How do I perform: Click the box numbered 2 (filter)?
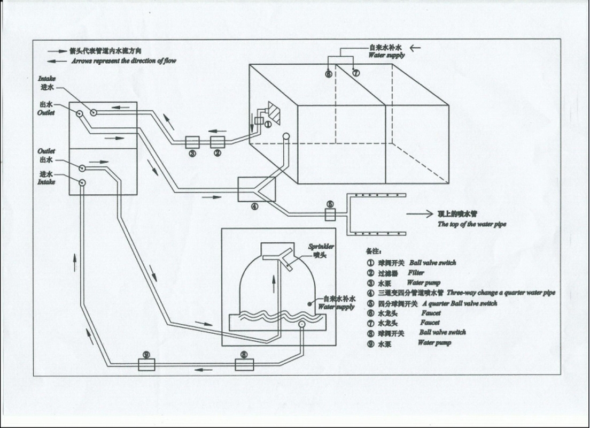pos(217,142)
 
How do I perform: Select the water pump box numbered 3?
pos(192,142)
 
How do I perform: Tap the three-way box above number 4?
pos(257,189)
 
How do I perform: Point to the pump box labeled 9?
pos(146,365)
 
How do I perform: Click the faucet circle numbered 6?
pos(329,73)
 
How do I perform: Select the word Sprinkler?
pos(321,247)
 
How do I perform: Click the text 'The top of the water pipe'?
pos(472,224)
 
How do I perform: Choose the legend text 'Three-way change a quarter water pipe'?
pos(501,293)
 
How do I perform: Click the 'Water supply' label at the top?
pos(386,55)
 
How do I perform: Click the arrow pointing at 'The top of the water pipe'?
pos(419,214)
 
